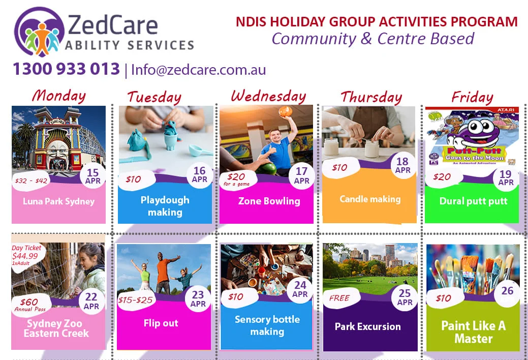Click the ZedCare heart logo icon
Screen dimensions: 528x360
(39, 32)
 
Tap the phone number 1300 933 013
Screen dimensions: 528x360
(67, 69)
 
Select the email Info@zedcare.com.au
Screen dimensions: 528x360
(198, 70)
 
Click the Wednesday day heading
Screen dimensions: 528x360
(268, 97)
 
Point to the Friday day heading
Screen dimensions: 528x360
(472, 97)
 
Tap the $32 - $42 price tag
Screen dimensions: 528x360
(31, 181)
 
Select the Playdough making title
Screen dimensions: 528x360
(165, 206)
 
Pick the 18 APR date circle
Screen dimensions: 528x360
(402, 165)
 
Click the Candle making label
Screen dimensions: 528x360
(370, 199)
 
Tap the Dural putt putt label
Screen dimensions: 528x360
(473, 201)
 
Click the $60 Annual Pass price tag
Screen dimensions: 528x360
(29, 305)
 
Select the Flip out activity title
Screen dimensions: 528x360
(161, 323)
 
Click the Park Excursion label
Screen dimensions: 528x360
(368, 326)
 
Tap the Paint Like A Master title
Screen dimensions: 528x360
(474, 332)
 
